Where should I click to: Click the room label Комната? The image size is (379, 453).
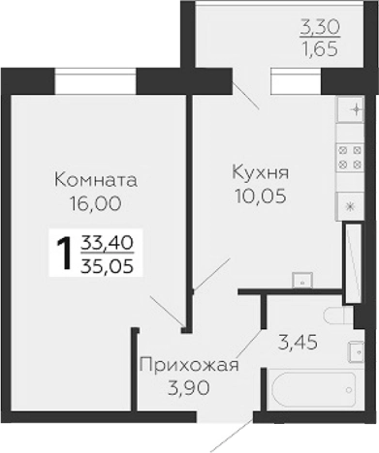[96, 179]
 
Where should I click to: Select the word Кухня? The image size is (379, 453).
[260, 172]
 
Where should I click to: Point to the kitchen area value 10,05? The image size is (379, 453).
[260, 195]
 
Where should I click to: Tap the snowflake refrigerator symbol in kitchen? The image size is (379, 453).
[350, 204]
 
